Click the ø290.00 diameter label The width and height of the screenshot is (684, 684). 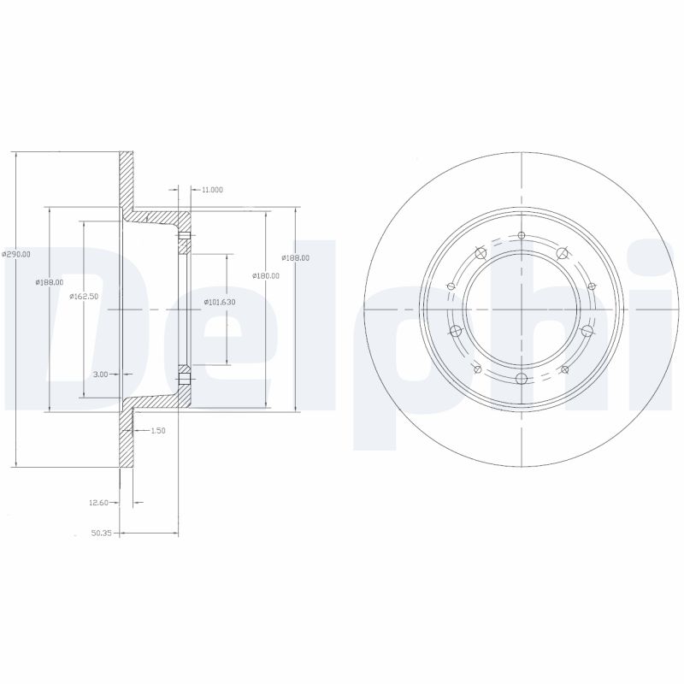17,254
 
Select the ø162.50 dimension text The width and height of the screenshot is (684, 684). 84,295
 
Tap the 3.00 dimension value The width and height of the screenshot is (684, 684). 100,374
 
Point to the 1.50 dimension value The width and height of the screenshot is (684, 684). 157,431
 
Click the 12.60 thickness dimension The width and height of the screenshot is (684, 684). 99,503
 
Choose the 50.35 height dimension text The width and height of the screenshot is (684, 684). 102,534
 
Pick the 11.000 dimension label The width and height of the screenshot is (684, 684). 211,189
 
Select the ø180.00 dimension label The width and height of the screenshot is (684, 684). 266,274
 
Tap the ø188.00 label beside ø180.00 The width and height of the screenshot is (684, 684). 296,256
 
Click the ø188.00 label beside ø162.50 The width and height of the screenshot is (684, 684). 50,282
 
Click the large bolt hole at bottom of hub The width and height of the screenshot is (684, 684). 521,378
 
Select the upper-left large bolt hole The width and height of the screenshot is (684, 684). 480,253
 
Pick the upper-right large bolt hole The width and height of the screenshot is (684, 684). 562,253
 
